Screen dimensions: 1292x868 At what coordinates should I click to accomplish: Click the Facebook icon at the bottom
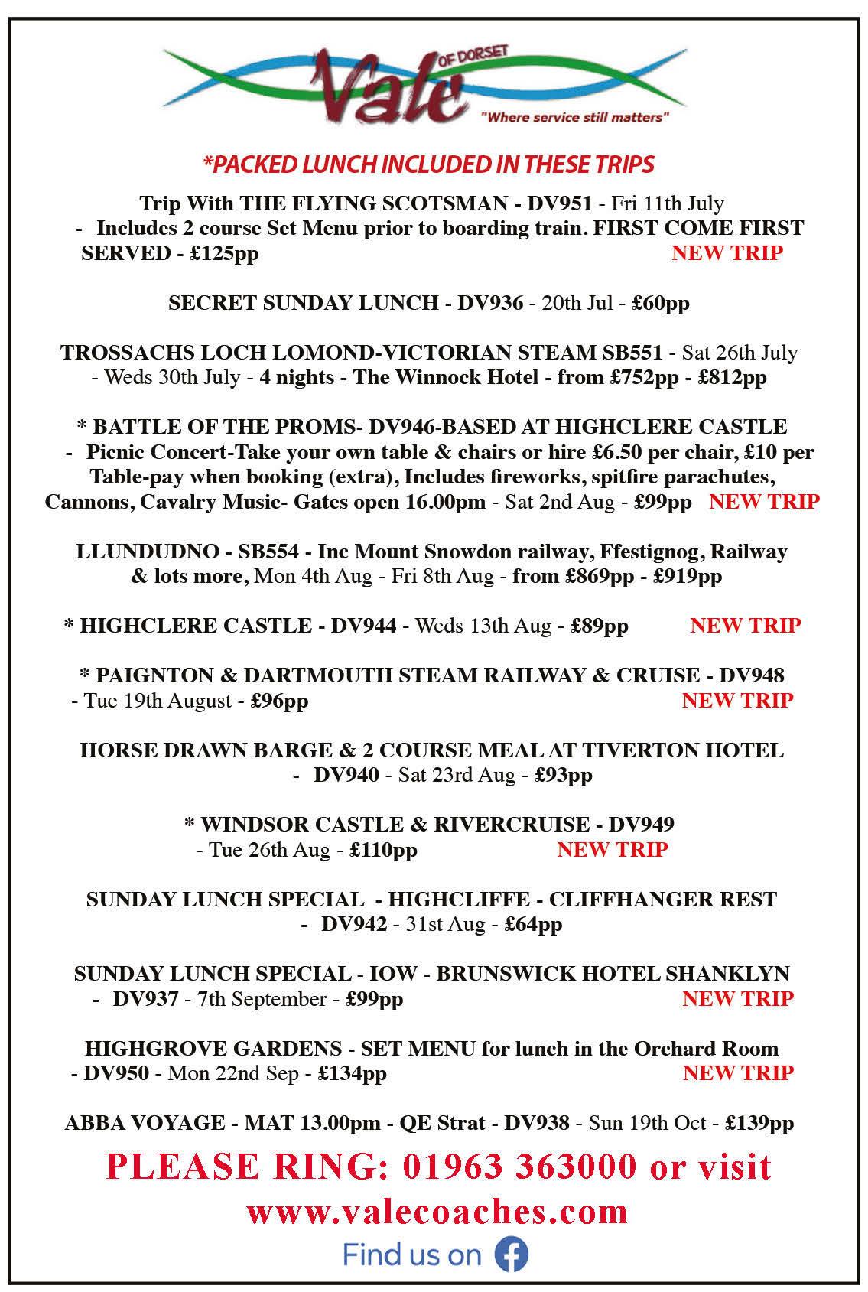pos(512,1255)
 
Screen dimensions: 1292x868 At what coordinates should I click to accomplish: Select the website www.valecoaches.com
pos(437,1211)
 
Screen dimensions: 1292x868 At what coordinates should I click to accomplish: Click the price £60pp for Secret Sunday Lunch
pos(661,303)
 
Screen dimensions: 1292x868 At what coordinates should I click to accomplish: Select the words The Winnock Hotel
pos(445,377)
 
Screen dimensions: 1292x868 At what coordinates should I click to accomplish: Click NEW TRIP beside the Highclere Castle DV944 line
pos(745,626)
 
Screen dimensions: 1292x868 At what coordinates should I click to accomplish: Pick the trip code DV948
pos(752,675)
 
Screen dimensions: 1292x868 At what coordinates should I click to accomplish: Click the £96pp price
pos(279,701)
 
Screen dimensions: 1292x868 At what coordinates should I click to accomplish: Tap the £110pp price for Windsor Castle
pos(383,850)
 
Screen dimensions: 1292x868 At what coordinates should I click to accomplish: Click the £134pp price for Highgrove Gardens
pos(352,1073)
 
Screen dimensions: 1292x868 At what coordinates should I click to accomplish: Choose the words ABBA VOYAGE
pos(145,1123)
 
